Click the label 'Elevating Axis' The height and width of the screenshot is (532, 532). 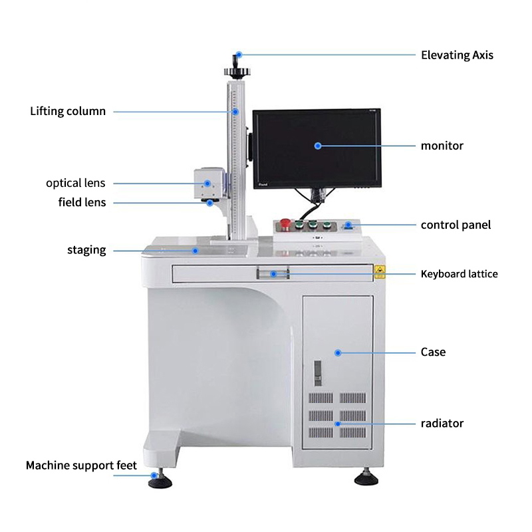coord(457,55)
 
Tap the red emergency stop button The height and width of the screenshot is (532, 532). coord(285,223)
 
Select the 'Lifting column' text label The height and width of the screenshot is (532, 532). coord(68,111)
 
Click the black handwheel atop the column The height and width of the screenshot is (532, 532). coord(237,72)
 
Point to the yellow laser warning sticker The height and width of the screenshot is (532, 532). coord(380,272)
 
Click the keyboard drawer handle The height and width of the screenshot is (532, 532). coord(273,273)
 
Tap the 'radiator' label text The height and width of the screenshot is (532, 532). coord(442,424)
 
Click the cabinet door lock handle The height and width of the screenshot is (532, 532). coord(318,373)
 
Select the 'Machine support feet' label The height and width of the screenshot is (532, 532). coord(81,465)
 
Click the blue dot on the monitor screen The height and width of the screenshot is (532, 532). coord(318,146)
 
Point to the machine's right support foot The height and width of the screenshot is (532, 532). coord(366,477)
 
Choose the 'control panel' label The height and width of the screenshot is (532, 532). coord(456,225)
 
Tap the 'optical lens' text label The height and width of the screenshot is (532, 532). coord(76,184)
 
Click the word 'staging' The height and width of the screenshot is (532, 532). coord(86,251)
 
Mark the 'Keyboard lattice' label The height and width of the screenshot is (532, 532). coord(460,274)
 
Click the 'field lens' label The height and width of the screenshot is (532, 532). coord(82,202)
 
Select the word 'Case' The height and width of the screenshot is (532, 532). coord(434,352)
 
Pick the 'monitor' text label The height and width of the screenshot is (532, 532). coord(442,146)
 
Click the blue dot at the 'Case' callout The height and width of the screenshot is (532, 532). coord(338,353)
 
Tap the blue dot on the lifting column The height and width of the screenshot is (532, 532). coord(235,111)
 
